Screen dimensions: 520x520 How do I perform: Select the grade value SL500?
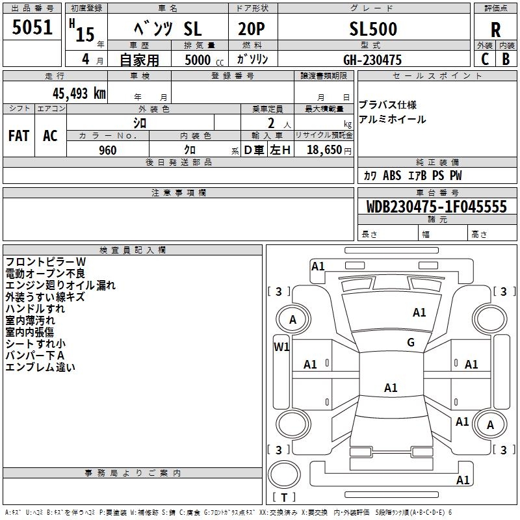click(373, 29)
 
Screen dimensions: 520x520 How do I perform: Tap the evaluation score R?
click(495, 30)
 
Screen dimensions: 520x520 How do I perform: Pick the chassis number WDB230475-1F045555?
click(436, 207)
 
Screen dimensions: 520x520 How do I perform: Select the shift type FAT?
click(19, 136)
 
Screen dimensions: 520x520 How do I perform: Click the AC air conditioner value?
click(50, 136)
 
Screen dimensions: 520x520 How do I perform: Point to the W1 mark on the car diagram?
click(281, 347)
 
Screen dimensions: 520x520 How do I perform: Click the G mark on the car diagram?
click(411, 343)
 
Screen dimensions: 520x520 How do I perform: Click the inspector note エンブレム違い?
click(40, 367)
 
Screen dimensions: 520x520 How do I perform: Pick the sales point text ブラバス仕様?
click(387, 105)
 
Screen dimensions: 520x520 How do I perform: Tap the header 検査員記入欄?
click(133, 250)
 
